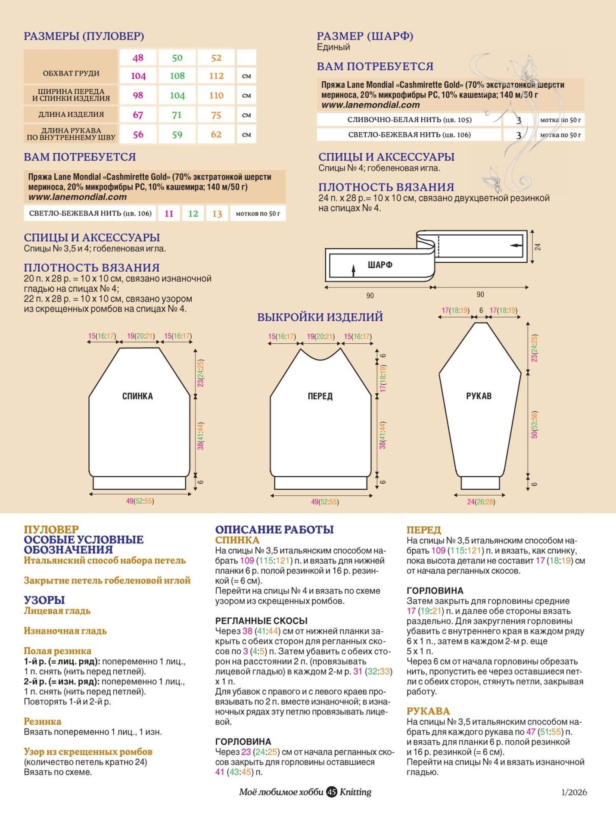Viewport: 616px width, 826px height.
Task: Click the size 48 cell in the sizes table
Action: click(138, 58)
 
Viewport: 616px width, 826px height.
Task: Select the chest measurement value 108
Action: click(177, 76)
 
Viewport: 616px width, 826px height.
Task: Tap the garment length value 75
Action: click(216, 115)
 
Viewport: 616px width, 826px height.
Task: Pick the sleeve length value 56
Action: click(138, 134)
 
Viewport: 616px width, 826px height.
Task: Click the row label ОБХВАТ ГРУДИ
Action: click(71, 73)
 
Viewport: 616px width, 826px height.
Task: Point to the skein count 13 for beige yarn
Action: click(217, 214)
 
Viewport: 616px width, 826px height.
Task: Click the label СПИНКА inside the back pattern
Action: click(137, 396)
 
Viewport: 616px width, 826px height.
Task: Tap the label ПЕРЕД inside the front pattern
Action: click(320, 396)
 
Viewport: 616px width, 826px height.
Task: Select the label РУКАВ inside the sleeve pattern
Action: click(479, 396)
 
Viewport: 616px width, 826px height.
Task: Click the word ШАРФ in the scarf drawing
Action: click(380, 265)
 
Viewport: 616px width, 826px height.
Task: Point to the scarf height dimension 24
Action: click(538, 247)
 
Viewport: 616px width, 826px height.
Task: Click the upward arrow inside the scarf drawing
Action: click(354, 270)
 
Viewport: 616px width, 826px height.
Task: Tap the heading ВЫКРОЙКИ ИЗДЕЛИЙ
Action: click(320, 317)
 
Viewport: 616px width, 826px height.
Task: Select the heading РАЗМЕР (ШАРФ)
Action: click(365, 36)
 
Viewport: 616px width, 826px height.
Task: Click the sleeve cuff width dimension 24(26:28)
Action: click(481, 502)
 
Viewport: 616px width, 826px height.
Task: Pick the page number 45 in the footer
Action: click(331, 792)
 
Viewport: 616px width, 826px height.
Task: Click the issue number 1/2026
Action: click(574, 792)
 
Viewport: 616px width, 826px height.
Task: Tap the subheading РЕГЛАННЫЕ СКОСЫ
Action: click(261, 621)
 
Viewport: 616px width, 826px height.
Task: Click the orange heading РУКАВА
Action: click(428, 711)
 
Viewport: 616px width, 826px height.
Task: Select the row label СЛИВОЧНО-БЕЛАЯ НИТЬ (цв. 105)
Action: click(409, 120)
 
